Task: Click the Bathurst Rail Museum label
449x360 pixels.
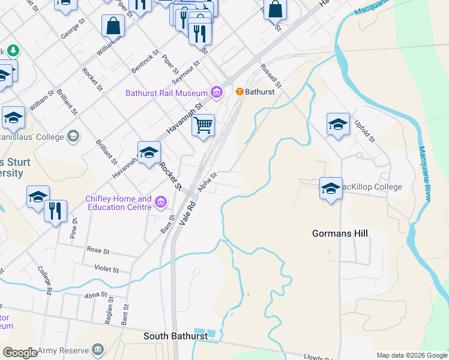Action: pyautogui.click(x=166, y=93)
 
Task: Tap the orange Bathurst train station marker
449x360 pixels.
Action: pyautogui.click(x=240, y=92)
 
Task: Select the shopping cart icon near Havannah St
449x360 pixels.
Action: pyautogui.click(x=203, y=126)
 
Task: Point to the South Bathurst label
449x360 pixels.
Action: pyautogui.click(x=175, y=336)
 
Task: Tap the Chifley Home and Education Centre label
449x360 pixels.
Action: pyautogui.click(x=119, y=203)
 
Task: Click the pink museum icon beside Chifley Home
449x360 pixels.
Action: pyautogui.click(x=160, y=202)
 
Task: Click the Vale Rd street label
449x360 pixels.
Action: pyautogui.click(x=188, y=213)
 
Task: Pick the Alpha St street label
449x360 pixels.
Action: pyautogui.click(x=206, y=179)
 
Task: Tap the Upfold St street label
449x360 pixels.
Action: pyautogui.click(x=364, y=130)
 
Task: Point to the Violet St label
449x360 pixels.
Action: pyautogui.click(x=107, y=268)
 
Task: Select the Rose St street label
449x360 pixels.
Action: pyautogui.click(x=98, y=249)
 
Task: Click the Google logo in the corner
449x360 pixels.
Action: pyautogui.click(x=20, y=353)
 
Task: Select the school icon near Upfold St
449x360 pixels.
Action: pyautogui.click(x=338, y=124)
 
